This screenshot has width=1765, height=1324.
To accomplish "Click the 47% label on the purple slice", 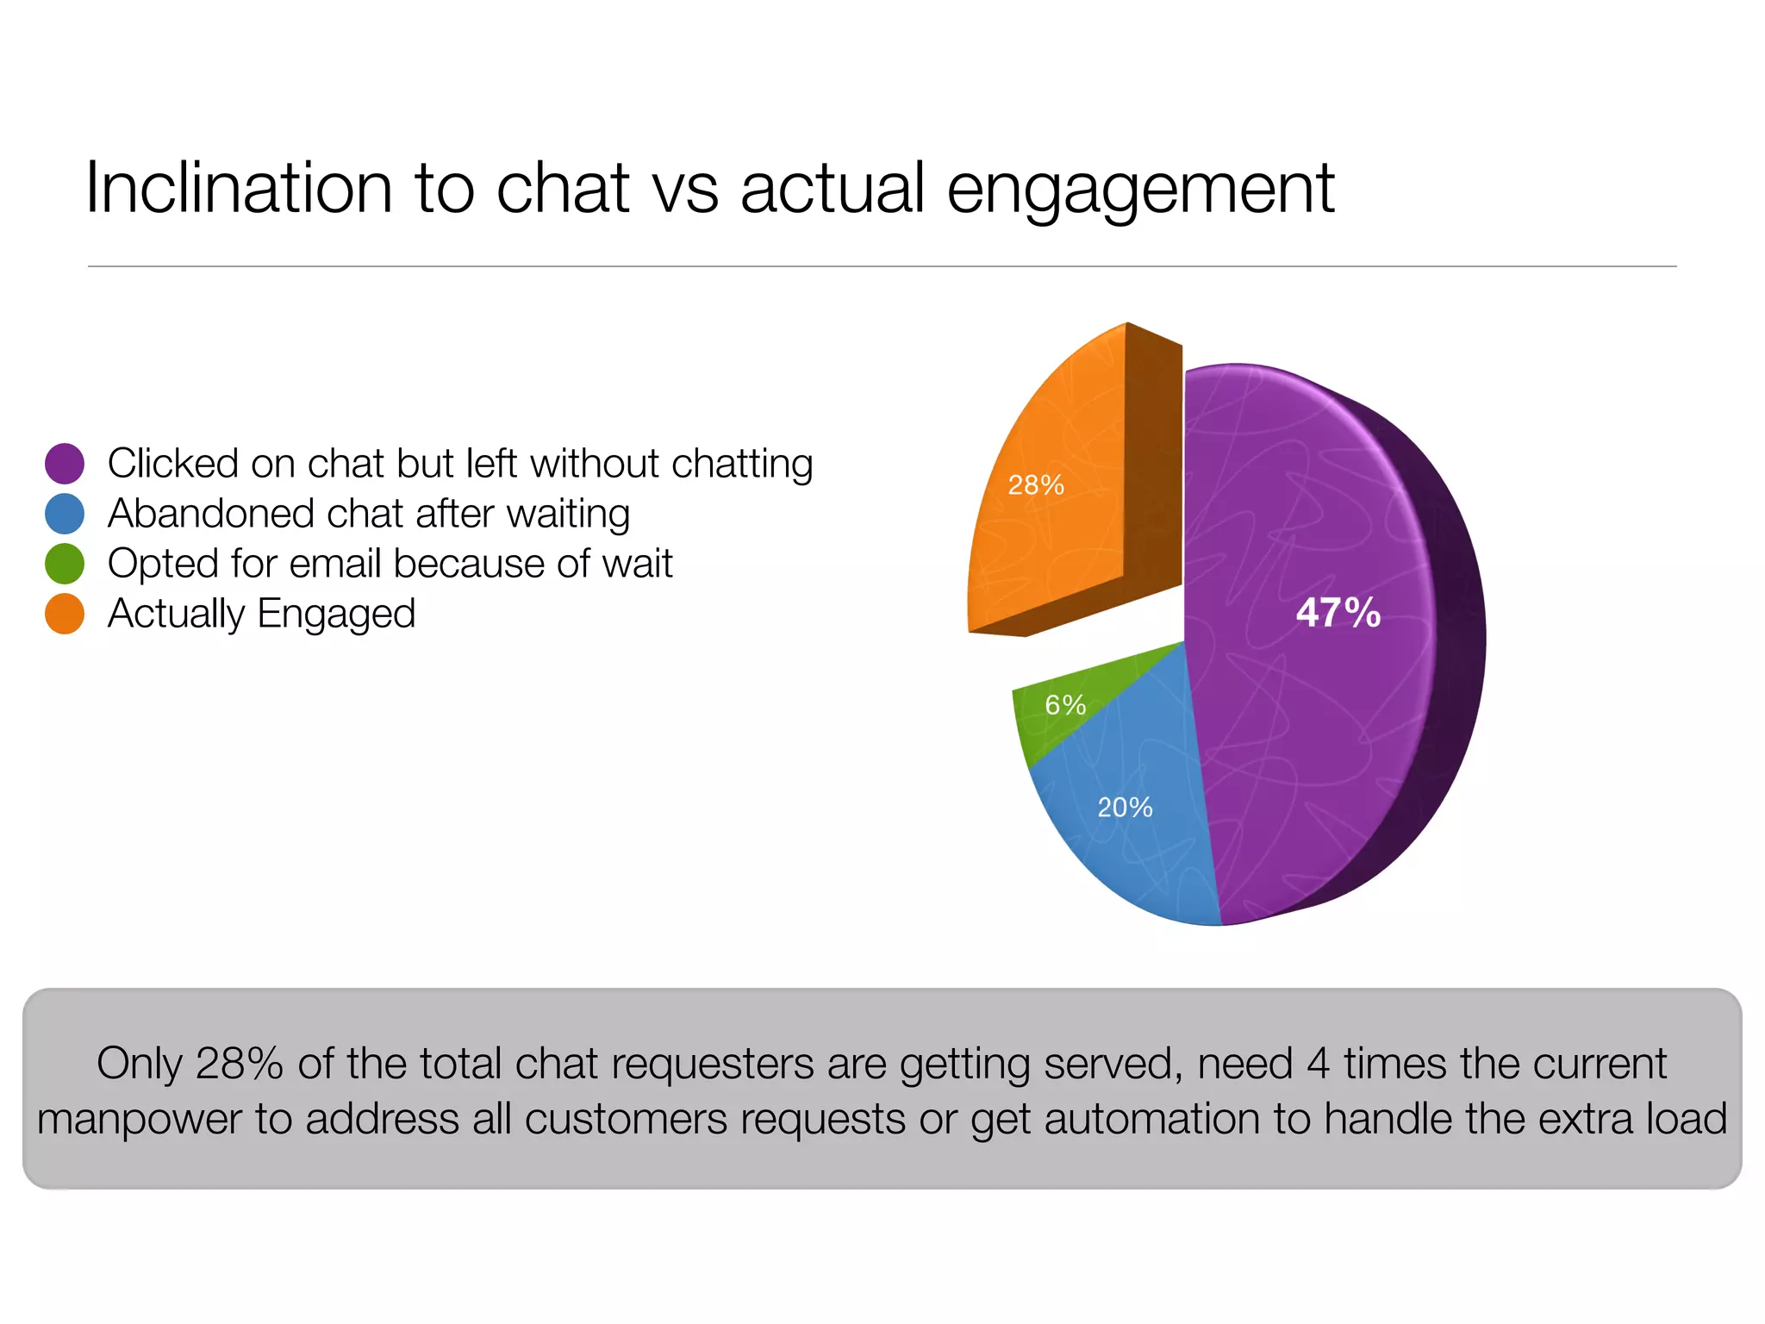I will (x=1338, y=613).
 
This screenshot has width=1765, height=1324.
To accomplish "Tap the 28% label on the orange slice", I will (x=1036, y=485).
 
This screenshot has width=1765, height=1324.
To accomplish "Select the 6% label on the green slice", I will (x=1065, y=705).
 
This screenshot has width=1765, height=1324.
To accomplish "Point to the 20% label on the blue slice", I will (x=1125, y=808).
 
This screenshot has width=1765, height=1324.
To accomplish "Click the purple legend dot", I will (x=65, y=464).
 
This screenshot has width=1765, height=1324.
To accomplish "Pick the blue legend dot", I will (x=65, y=514).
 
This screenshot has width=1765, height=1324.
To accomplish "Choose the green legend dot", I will (x=65, y=564).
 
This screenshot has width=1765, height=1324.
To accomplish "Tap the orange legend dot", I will (x=65, y=614).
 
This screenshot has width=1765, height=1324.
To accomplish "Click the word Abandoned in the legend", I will (x=210, y=514).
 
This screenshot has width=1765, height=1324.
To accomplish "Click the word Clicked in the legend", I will (x=172, y=464).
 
